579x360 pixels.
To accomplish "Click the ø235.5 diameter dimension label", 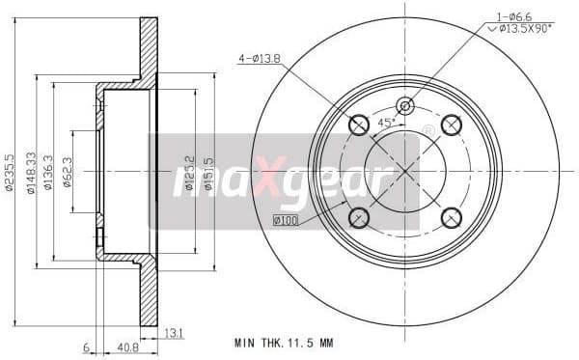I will click(x=9, y=171).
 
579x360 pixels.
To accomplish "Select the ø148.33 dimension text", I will click(x=32, y=171).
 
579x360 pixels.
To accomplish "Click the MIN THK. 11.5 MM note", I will click(x=287, y=343).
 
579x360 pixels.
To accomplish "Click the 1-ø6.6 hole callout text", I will click(x=514, y=15).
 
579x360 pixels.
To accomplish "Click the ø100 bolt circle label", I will click(x=285, y=222).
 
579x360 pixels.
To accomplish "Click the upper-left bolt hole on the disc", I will click(x=358, y=124).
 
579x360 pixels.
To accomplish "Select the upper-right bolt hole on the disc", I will click(x=452, y=124).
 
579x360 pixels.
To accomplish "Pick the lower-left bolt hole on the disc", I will click(x=358, y=217).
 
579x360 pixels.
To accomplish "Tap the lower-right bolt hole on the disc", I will click(x=452, y=217).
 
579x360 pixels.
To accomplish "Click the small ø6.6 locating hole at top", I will click(x=405, y=105).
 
